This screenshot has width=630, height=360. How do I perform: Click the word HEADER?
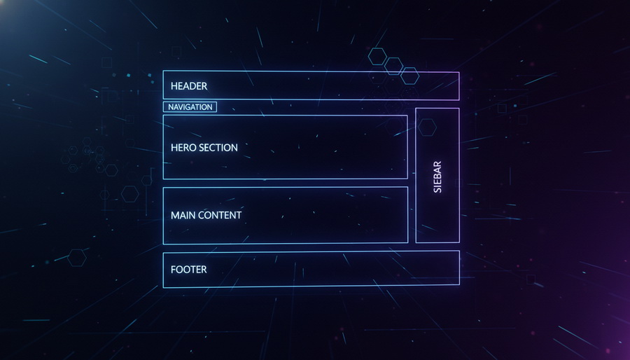(189, 86)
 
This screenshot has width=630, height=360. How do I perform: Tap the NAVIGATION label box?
(190, 107)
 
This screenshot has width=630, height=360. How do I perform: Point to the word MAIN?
(183, 215)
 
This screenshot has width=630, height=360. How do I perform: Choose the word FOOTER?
(189, 269)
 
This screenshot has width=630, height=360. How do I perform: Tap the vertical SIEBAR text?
(437, 176)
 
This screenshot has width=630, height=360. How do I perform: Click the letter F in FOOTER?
(173, 269)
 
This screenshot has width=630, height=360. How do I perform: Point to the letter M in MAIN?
(175, 215)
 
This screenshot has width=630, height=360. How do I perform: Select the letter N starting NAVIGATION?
(170, 107)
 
